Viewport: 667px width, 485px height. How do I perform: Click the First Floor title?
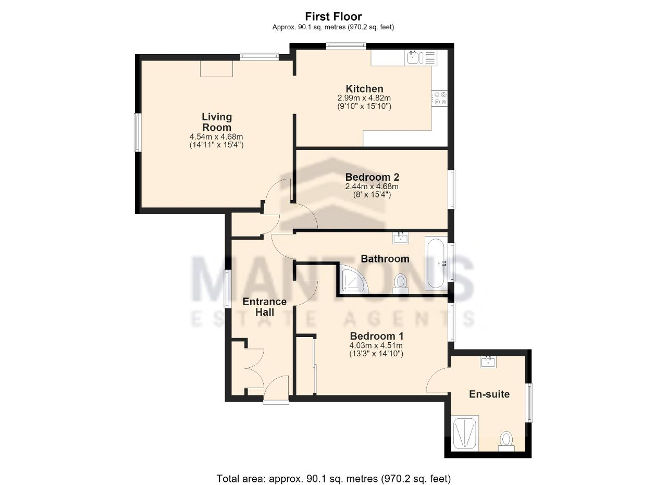coord(333,16)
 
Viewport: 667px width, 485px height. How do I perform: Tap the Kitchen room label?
coord(364,89)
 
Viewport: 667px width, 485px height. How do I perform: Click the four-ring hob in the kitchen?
coord(440,98)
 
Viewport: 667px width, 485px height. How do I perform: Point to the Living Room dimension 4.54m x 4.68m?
coord(216,137)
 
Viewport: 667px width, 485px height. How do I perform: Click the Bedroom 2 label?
coord(372,177)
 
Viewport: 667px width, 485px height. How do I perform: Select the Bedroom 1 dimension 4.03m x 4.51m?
coord(376,346)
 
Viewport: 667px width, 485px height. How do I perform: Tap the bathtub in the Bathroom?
coord(436,264)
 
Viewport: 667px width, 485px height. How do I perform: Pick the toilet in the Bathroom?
coord(401,284)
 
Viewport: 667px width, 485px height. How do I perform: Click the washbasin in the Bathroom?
coord(400,238)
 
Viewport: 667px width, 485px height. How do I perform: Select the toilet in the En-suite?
coord(506,442)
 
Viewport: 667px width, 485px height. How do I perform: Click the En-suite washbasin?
coord(488,362)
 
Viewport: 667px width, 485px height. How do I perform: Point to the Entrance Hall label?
coord(264,307)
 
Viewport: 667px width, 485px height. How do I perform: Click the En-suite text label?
coord(489,394)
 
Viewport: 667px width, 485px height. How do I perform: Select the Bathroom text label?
coord(385,259)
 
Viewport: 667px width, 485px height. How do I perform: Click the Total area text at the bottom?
coord(333,470)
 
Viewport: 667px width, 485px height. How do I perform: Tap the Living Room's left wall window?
coord(138,132)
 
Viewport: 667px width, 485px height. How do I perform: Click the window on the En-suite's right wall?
coord(529,403)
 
